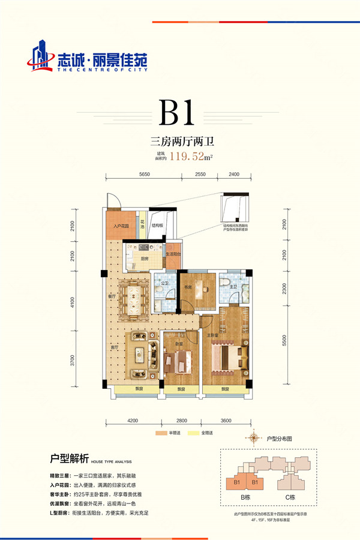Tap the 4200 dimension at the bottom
[x=133, y=421]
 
